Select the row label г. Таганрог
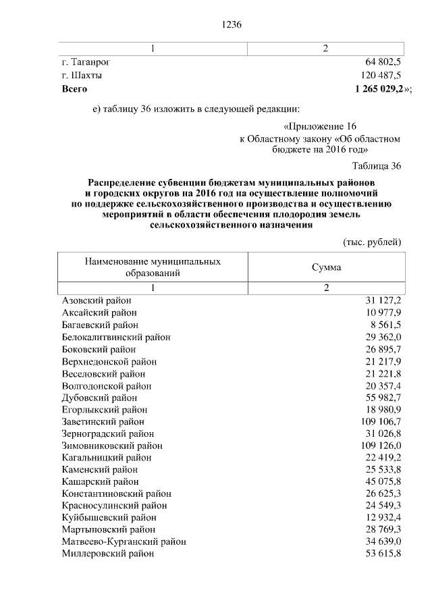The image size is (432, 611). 86,62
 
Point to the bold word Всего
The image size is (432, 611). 74,88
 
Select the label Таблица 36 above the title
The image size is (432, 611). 377,166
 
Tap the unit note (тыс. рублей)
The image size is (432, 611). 373,241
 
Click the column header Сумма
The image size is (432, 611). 326,267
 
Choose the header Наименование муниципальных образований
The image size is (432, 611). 153,267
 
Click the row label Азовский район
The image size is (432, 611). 97,300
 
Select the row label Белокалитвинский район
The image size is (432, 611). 115,337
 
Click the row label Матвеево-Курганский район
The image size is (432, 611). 124,541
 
